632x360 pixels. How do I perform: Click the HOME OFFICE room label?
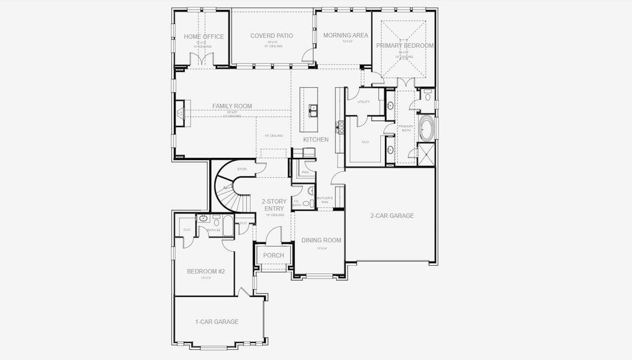coord(204,37)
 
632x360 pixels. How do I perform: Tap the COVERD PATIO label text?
coord(272,36)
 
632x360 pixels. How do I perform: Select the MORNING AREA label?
coord(345,35)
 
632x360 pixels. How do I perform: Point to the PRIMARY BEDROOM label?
coord(405,46)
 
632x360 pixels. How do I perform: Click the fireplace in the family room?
coord(179,113)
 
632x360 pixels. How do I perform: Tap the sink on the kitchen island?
coord(313,110)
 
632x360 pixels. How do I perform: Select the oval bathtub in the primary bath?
coord(426,128)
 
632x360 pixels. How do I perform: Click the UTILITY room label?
coord(363,102)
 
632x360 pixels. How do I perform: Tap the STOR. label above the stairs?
coord(242,169)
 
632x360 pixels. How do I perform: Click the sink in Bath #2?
coord(203,219)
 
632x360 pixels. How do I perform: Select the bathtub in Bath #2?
coord(216,223)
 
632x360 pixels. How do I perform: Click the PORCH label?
coord(273,256)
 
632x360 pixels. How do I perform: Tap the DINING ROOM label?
coord(321,241)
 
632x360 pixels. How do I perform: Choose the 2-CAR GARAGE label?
coord(392,216)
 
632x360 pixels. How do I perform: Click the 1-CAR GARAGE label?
coord(216,322)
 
